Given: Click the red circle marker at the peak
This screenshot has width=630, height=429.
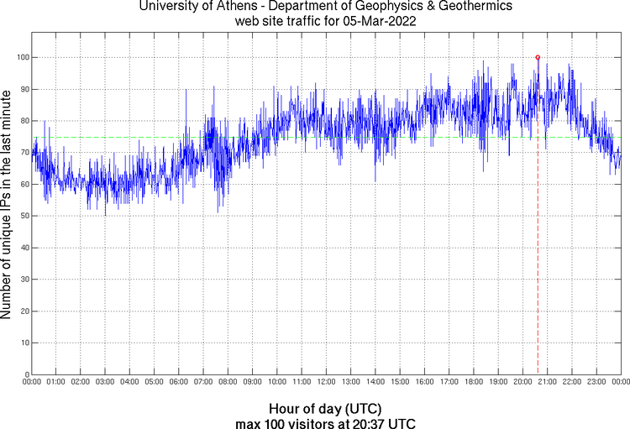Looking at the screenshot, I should point(538,57).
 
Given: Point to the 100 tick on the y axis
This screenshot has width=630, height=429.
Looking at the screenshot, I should point(32,57).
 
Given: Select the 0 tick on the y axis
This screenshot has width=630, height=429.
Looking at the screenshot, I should point(32,374).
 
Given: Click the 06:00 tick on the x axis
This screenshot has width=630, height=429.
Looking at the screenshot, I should point(179,374).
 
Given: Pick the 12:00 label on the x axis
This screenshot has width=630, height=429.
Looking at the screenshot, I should point(327,383).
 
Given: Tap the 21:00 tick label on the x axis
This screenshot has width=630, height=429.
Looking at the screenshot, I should point(548,383).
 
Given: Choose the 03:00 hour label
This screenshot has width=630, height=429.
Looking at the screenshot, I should point(106,383).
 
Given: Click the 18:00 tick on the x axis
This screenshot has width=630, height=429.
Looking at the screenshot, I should point(474,374).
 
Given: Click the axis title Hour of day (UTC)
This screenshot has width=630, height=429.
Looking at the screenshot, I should point(326,408).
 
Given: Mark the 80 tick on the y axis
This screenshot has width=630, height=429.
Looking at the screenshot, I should point(32,121).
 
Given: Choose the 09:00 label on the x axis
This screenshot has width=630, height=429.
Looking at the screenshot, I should point(253,383).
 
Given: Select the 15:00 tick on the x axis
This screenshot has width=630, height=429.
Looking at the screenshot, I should point(400,374).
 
